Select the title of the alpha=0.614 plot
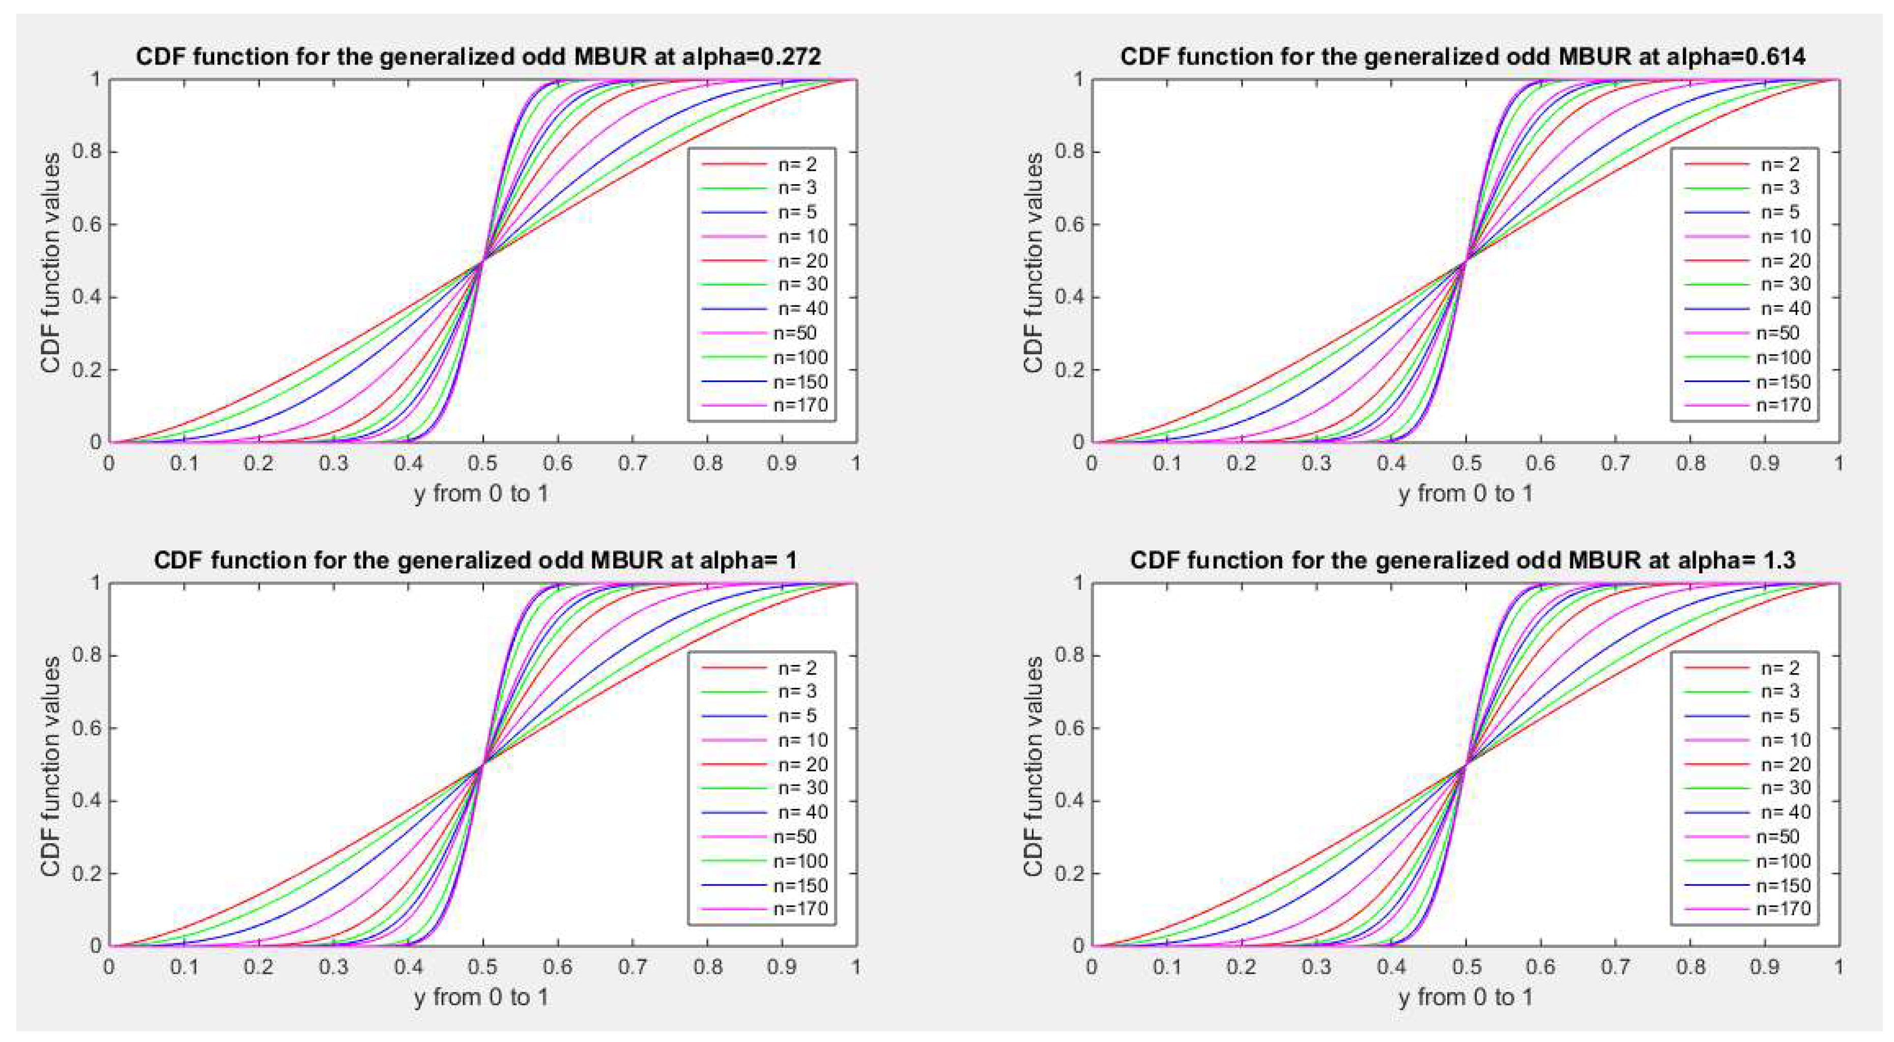pos(1462,56)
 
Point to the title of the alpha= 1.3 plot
pos(1462,560)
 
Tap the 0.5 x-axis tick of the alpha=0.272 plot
pos(482,464)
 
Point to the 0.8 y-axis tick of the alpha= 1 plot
pos(86,655)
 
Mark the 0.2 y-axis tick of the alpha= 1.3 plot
pos(1069,874)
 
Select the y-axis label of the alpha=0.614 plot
pos(1033,262)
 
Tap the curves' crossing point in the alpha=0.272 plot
pos(483,260)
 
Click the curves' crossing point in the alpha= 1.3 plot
pos(1466,765)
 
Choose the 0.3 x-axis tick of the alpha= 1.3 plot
pos(1316,967)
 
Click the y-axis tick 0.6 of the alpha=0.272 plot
pos(86,224)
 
